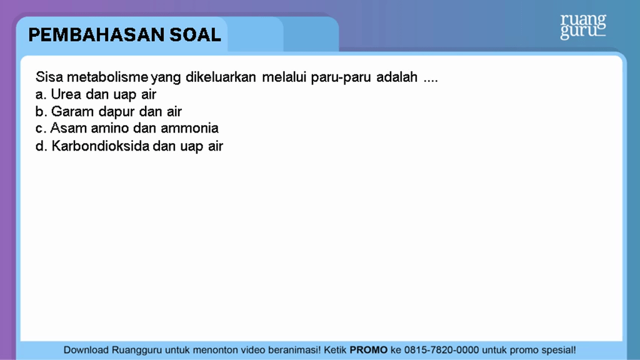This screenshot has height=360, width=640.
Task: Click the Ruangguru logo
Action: [583, 26]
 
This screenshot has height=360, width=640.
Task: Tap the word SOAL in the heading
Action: [195, 35]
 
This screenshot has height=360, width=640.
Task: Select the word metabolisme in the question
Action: [107, 77]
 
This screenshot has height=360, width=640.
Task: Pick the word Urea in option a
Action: [66, 94]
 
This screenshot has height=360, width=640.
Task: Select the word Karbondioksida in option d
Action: [101, 146]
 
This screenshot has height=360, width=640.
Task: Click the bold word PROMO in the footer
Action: [369, 350]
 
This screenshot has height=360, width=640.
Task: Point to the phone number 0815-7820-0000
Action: [442, 350]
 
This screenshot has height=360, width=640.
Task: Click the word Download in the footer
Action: [86, 350]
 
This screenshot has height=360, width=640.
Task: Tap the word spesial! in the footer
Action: [558, 350]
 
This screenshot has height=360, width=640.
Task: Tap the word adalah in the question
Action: [397, 77]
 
